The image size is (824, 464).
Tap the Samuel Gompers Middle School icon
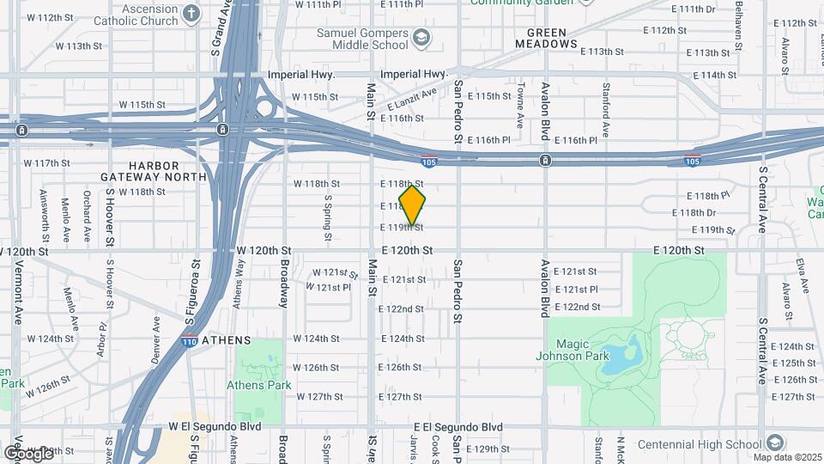coord(421,37)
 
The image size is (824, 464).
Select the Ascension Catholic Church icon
coord(191,14)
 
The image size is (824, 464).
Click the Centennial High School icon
coord(775,443)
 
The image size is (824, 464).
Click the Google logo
coord(28,453)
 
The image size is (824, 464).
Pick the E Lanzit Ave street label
coord(419,97)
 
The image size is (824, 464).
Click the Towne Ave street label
coord(521,100)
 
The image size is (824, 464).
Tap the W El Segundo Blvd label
coord(214,426)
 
